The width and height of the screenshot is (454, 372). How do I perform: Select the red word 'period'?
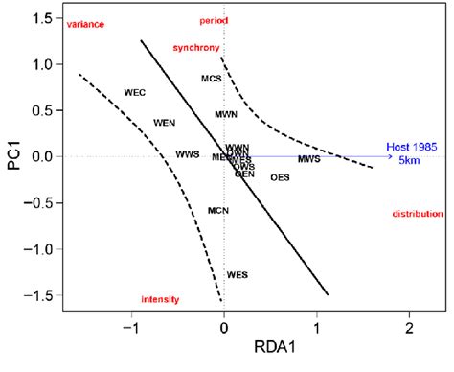215,21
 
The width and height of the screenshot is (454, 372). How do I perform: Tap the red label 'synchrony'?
197,47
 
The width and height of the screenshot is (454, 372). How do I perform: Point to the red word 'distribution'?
418,214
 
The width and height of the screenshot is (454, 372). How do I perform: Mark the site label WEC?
135,93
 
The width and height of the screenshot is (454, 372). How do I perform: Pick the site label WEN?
165,123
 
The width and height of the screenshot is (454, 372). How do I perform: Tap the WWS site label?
188,154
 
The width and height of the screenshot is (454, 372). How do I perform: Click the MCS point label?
212,78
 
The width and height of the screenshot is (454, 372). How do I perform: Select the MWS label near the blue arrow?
308,159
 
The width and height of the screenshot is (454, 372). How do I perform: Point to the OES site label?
280,177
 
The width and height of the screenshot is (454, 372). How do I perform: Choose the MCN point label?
218,210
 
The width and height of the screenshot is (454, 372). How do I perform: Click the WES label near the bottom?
238,275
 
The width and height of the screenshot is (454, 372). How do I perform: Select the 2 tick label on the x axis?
409,327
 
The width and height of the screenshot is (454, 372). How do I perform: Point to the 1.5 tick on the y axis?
41,18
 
